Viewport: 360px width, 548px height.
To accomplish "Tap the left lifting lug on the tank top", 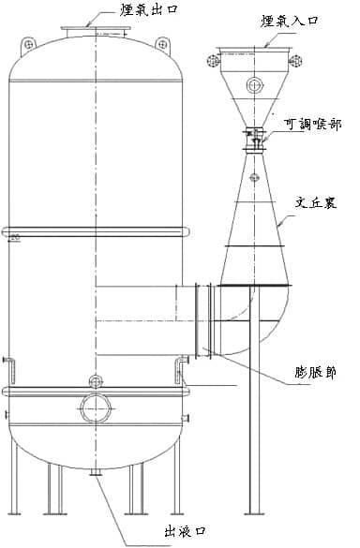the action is click(32, 45).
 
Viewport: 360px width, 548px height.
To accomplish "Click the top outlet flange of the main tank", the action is click(96, 34).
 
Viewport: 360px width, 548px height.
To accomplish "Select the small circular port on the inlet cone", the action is click(254, 86).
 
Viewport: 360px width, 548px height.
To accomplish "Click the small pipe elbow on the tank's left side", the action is click(8, 363).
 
